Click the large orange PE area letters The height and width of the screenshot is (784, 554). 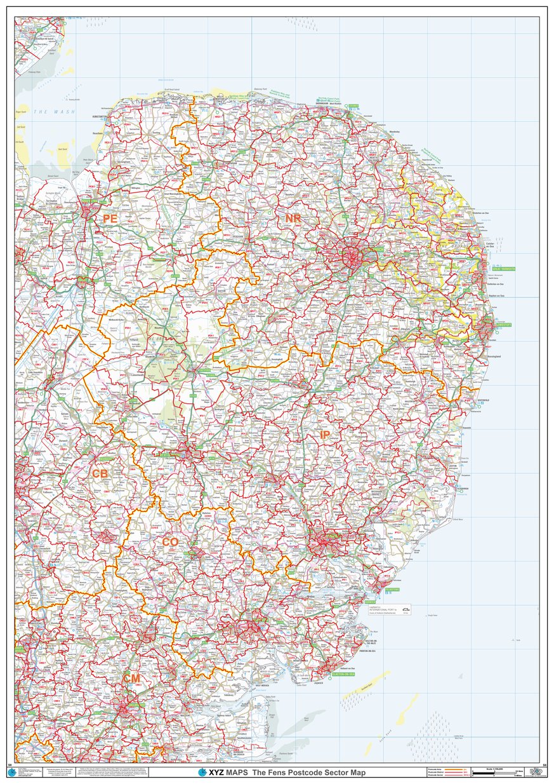[110, 219]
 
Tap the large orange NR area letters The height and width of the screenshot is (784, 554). [293, 219]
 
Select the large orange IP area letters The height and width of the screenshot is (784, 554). [325, 435]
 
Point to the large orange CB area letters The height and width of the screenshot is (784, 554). [100, 474]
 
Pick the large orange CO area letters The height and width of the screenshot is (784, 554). [170, 542]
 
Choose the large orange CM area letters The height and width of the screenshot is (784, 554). [131, 679]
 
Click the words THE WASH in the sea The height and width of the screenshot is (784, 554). [54, 112]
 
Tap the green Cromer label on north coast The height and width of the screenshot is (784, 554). [353, 105]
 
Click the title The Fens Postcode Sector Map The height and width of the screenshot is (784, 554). [309, 773]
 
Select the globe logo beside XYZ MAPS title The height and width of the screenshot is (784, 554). [202, 773]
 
